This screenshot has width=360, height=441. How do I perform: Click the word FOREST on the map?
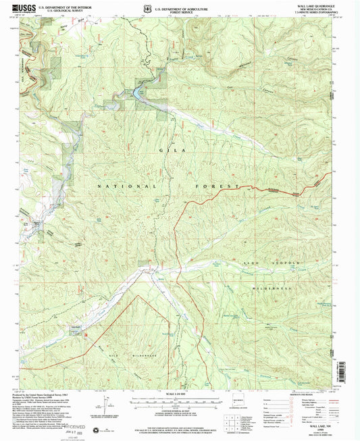coord(224,186)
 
